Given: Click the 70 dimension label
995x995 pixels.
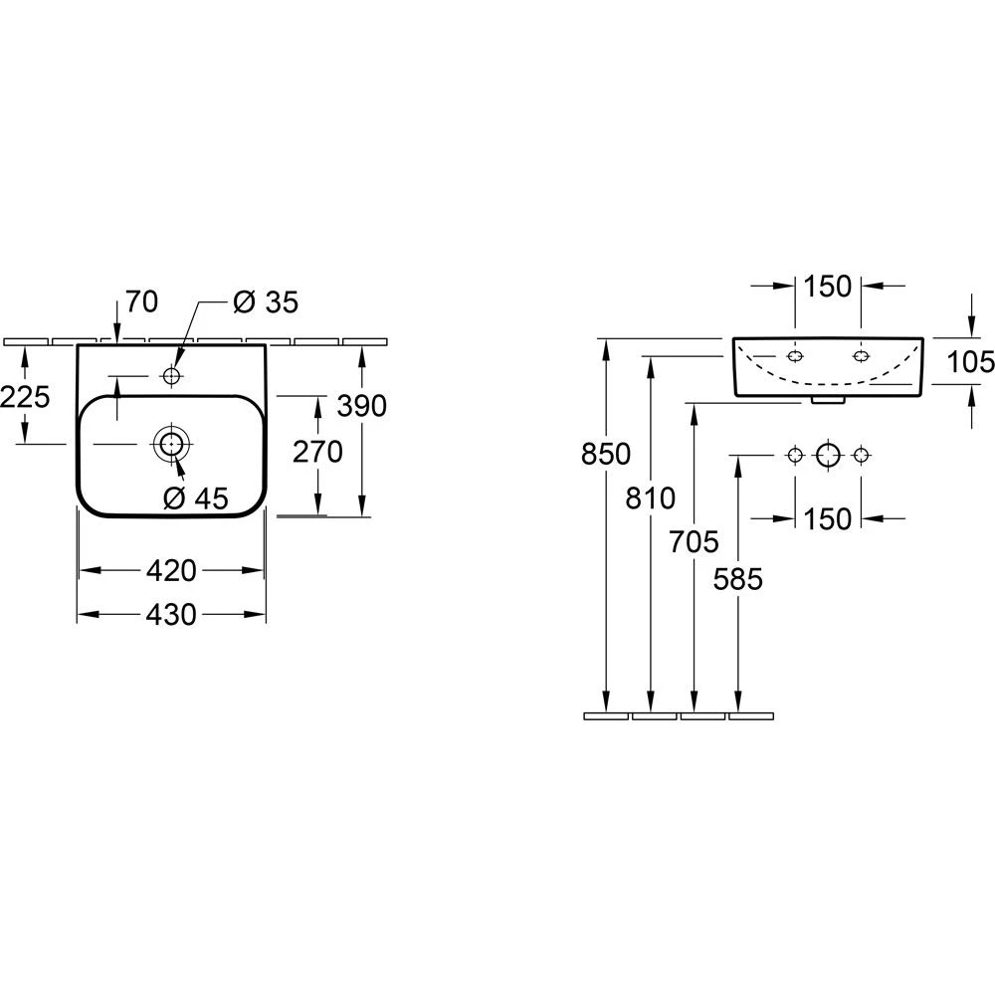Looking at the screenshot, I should coord(142,301).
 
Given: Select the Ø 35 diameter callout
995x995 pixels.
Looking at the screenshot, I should coord(266,301).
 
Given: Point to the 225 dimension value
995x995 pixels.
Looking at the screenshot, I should coord(25,397).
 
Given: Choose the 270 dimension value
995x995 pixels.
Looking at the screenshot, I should coord(317,452).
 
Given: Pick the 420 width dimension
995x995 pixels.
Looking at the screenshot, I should coord(171,570).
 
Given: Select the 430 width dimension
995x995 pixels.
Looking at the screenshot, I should coord(171,616).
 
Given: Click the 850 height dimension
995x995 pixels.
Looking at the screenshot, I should coord(605,454).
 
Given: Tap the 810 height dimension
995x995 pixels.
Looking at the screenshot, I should coord(651,497).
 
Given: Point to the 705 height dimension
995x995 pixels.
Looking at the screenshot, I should coord(694,541).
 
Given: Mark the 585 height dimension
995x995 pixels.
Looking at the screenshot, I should coord(737,579).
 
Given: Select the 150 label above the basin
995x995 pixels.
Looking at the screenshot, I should coord(827,287).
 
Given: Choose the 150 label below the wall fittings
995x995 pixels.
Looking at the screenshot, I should coord(827,518).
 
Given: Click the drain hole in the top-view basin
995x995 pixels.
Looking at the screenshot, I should coord(171,444).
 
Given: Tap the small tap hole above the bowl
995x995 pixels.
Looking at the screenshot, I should coord(171,376).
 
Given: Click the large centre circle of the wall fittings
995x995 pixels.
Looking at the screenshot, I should coord(828,455).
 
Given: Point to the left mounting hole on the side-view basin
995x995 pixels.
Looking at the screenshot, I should coord(795,355).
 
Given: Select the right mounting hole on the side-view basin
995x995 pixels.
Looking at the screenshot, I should coord(862,355).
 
